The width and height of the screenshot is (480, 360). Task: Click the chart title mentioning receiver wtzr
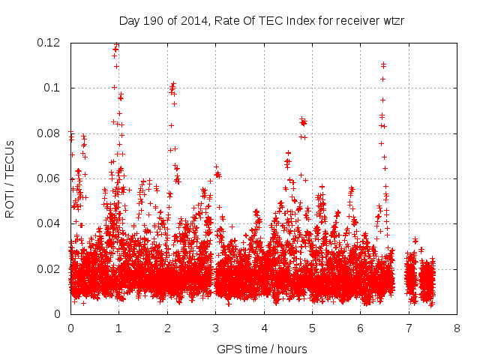[x=262, y=20]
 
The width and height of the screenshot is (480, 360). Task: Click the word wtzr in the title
[x=391, y=20]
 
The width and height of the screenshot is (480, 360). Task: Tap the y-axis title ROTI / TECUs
[x=10, y=178]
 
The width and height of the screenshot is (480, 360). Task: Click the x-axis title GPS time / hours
[x=262, y=349]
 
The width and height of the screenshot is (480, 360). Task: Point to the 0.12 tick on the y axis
[x=50, y=43]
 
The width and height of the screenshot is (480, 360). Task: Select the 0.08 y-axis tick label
[x=50, y=133]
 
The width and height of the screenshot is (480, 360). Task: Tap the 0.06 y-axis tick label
[x=50, y=178]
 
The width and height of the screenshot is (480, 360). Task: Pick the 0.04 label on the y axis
[x=50, y=223]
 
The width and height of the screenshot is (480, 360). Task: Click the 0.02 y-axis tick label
[x=50, y=269]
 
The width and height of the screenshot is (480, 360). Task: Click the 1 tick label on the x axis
[x=118, y=328]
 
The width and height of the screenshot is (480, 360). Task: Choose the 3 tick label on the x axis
[x=215, y=328]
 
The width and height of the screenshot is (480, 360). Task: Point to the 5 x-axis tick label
[x=312, y=328]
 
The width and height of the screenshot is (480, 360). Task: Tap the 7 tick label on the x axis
[x=408, y=328]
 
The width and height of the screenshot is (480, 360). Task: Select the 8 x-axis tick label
[x=456, y=328]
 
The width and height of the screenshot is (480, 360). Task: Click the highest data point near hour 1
[x=116, y=45]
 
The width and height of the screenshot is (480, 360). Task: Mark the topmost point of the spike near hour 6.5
[x=383, y=64]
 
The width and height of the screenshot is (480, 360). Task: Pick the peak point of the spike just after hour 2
[x=173, y=85]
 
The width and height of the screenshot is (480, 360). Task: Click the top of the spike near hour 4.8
[x=302, y=119]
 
